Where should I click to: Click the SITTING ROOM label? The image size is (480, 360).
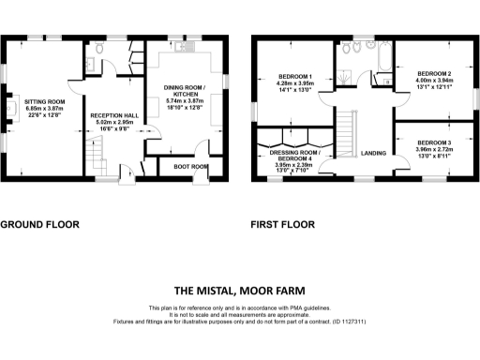point(44,100)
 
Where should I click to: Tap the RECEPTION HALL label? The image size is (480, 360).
point(114,115)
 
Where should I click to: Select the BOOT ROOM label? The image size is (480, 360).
point(191,167)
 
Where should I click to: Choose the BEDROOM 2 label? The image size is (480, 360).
point(434,73)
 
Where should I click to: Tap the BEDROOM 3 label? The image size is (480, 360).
point(434,142)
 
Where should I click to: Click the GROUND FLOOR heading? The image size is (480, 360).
point(39,225)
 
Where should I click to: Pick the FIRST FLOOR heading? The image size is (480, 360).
point(282,225)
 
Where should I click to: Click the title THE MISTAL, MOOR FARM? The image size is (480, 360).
point(239,290)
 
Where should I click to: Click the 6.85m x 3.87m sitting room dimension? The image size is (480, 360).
point(44,108)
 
